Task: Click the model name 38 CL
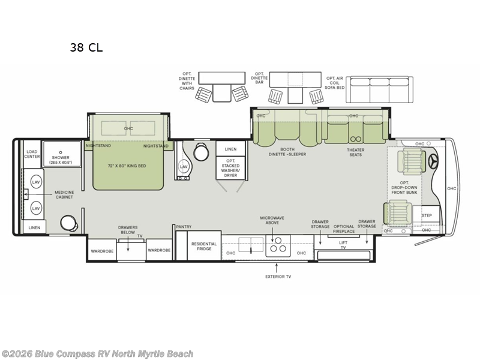click(86, 48)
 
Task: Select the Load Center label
click(32, 154)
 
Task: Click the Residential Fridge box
click(204, 247)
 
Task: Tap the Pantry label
click(184, 227)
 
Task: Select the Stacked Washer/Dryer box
click(230, 169)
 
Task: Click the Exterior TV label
click(278, 277)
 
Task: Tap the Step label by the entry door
click(427, 215)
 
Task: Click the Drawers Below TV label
click(128, 232)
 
